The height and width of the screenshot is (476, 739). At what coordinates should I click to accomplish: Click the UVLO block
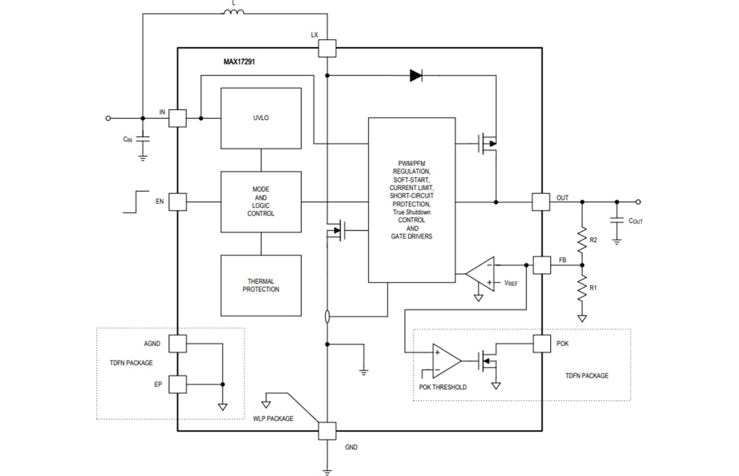(x=261, y=118)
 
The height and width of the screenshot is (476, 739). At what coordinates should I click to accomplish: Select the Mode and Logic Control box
(x=261, y=202)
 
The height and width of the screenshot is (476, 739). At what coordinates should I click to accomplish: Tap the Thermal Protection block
(x=261, y=285)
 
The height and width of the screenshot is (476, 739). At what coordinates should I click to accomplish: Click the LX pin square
(x=328, y=49)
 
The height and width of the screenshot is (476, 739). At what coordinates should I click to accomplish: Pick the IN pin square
(x=177, y=118)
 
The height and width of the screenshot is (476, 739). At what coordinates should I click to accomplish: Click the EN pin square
(x=177, y=202)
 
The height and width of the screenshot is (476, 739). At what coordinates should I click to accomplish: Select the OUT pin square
(x=541, y=202)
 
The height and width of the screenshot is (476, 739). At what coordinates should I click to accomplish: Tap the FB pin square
(x=541, y=265)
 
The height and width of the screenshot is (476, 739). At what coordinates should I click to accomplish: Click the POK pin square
(x=541, y=343)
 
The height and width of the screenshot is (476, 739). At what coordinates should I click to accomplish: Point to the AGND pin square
(x=177, y=343)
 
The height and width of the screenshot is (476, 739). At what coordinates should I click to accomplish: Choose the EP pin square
(x=177, y=384)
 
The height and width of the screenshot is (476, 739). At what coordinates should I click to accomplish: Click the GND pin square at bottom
(x=328, y=431)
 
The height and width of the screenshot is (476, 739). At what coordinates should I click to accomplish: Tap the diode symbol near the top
(x=416, y=75)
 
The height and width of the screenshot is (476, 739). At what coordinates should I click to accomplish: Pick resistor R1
(x=582, y=287)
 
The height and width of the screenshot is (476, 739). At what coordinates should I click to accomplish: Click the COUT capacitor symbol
(x=617, y=220)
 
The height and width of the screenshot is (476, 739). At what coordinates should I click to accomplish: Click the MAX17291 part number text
(x=239, y=62)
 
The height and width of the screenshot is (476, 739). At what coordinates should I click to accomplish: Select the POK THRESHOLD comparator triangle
(x=446, y=360)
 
